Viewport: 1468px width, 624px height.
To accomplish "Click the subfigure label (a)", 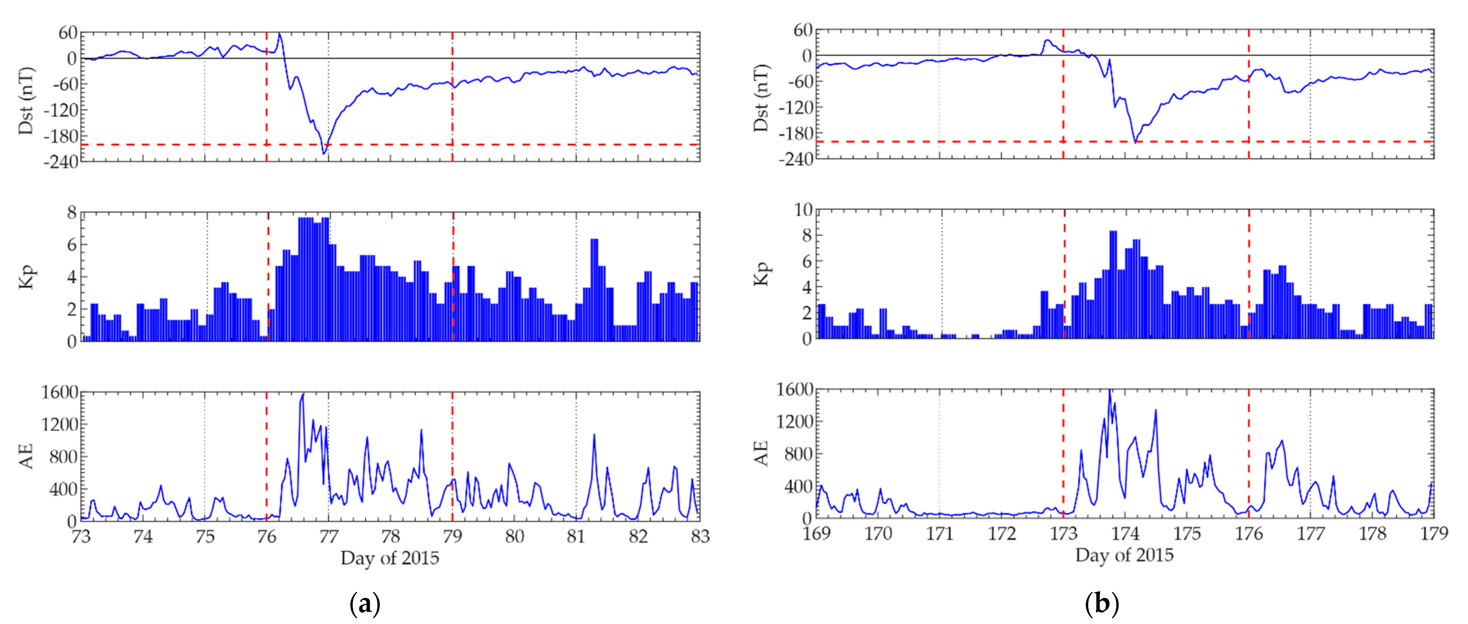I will coord(365,603).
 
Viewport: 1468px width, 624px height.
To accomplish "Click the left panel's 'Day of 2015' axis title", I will coord(390,558).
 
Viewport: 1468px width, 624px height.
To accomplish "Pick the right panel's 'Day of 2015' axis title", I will coord(1124,555).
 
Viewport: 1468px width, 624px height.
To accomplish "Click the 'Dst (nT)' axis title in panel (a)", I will coord(26,101).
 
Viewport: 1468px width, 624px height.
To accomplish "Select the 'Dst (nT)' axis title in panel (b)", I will coord(761,98).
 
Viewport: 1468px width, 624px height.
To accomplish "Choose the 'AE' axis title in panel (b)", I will coord(761,453).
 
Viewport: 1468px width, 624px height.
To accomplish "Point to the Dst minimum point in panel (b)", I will coord(1135,142).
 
